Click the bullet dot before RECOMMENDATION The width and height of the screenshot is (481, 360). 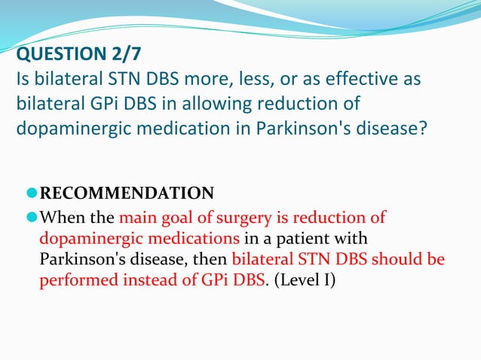[x=31, y=193]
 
